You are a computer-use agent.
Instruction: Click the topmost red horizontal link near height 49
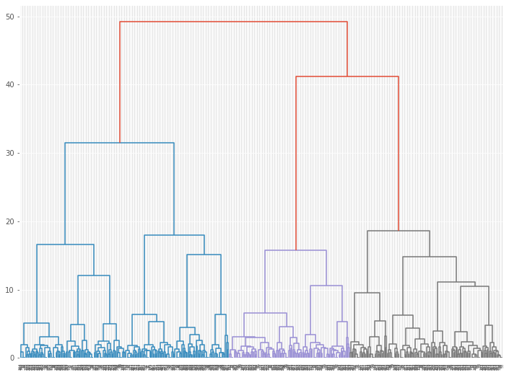tap(233, 22)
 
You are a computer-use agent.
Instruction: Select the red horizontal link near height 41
tap(347, 76)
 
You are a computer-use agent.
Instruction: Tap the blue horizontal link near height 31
tap(119, 143)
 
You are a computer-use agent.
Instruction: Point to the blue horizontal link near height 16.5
tap(65, 245)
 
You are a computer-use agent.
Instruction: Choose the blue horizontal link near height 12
tap(94, 275)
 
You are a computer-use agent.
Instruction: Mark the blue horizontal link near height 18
tap(174, 235)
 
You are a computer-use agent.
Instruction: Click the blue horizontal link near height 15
tap(204, 255)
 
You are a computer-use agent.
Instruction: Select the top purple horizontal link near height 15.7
tap(296, 250)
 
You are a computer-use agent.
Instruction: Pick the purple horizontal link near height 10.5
tap(326, 286)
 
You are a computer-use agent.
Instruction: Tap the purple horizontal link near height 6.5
tap(265, 313)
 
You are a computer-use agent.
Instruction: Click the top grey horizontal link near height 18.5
tap(398, 231)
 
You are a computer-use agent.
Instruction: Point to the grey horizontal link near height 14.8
tap(430, 257)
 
